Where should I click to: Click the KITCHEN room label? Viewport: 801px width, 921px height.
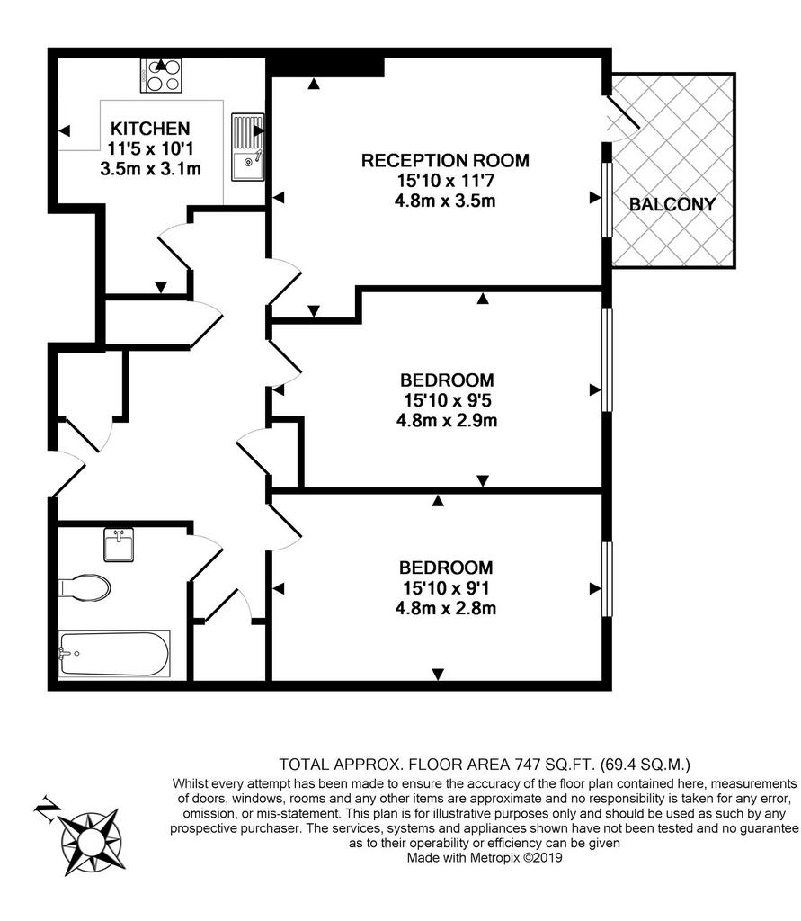(x=150, y=129)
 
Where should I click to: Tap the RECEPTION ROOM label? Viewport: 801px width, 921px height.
(x=445, y=160)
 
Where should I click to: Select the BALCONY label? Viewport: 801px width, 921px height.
(x=672, y=204)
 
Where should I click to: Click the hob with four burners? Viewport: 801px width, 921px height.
(x=161, y=76)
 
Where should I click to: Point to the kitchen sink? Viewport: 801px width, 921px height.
(x=248, y=148)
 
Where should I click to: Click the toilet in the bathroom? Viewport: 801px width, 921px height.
(x=85, y=587)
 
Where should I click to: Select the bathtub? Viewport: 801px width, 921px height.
(x=114, y=654)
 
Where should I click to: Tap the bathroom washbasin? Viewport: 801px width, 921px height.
(x=119, y=544)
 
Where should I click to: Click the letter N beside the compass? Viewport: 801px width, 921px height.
(x=46, y=809)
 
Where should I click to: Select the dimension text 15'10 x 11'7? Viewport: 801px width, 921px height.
(x=445, y=181)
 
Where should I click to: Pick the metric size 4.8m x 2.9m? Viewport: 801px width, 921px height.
(x=447, y=421)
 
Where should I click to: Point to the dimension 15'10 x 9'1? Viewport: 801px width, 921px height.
(x=446, y=587)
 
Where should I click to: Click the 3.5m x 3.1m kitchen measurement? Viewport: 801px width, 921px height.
(x=151, y=169)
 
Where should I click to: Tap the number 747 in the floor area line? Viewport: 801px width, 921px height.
(x=528, y=765)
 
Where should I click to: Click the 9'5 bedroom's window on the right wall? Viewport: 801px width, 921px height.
(x=607, y=360)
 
